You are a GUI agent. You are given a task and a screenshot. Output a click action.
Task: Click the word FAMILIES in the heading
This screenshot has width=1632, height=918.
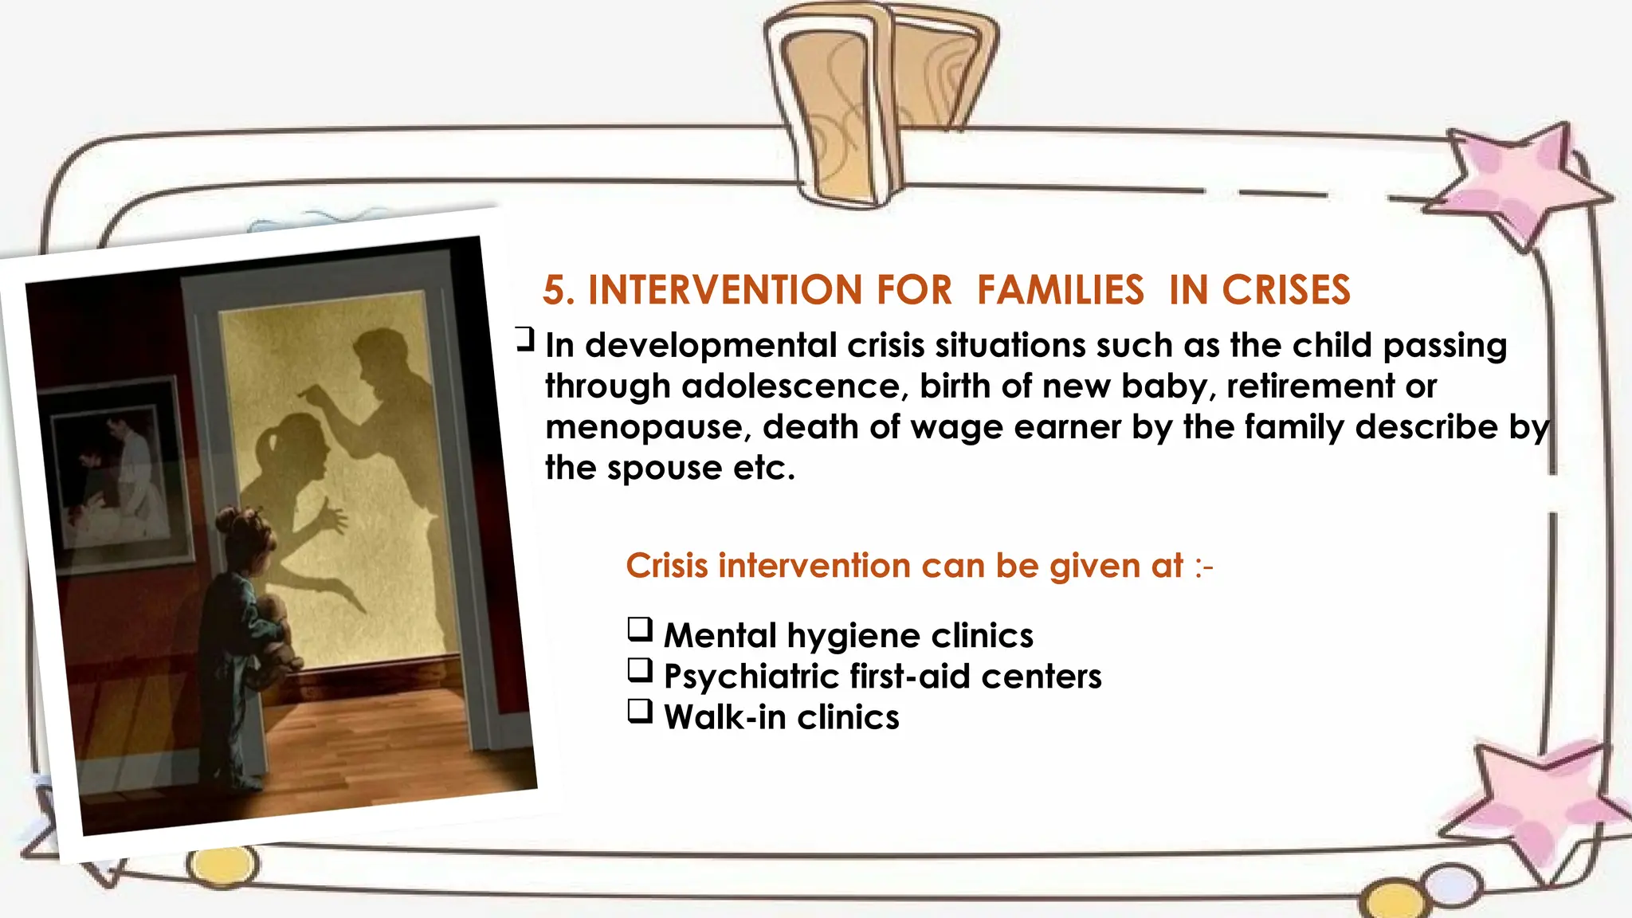point(1060,290)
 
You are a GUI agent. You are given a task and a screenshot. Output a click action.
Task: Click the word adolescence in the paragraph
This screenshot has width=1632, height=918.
point(790,386)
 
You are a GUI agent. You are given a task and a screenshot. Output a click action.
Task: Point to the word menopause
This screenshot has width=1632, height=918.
point(647,428)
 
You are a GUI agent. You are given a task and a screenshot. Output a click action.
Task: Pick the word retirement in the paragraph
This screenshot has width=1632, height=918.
point(1309,386)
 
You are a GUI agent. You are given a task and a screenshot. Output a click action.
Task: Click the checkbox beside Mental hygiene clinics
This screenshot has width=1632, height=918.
point(640,630)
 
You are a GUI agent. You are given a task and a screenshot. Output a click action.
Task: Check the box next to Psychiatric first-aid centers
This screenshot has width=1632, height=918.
point(640,670)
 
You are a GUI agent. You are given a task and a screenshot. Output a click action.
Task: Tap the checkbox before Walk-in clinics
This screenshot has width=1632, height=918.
point(640,711)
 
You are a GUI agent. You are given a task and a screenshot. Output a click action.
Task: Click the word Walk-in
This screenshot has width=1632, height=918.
point(724,717)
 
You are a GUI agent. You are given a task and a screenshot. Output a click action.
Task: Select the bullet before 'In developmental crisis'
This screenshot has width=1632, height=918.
point(524,339)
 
